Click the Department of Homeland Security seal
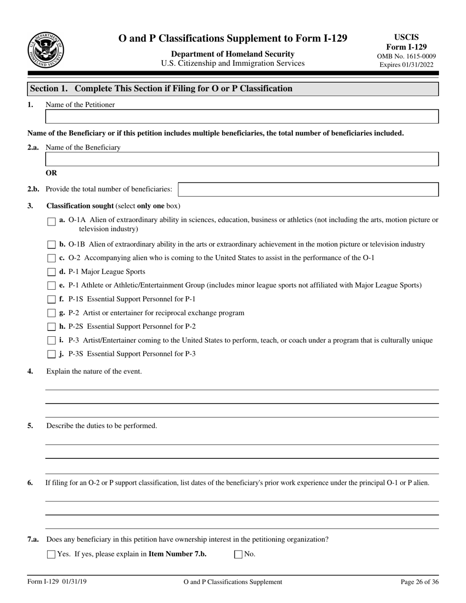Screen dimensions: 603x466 46,50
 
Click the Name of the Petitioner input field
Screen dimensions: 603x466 242,117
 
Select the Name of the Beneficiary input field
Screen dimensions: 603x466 242,159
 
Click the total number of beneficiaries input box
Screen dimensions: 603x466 308,189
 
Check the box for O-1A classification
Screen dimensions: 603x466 52,222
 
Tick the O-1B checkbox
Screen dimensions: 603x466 52,245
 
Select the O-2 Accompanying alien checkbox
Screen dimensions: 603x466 52,258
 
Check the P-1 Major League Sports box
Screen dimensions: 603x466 52,272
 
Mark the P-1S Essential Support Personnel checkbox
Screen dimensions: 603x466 52,300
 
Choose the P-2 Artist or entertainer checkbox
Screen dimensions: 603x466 52,313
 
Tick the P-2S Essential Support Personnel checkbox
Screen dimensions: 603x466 52,327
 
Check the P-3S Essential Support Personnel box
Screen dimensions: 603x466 52,354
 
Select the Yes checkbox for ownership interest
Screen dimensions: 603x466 51,554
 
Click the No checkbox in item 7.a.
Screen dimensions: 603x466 238,554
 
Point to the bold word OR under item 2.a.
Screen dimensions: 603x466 51,173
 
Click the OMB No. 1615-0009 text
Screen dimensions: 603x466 406,56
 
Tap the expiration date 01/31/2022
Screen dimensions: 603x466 417,65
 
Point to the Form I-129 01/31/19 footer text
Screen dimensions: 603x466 57,582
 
